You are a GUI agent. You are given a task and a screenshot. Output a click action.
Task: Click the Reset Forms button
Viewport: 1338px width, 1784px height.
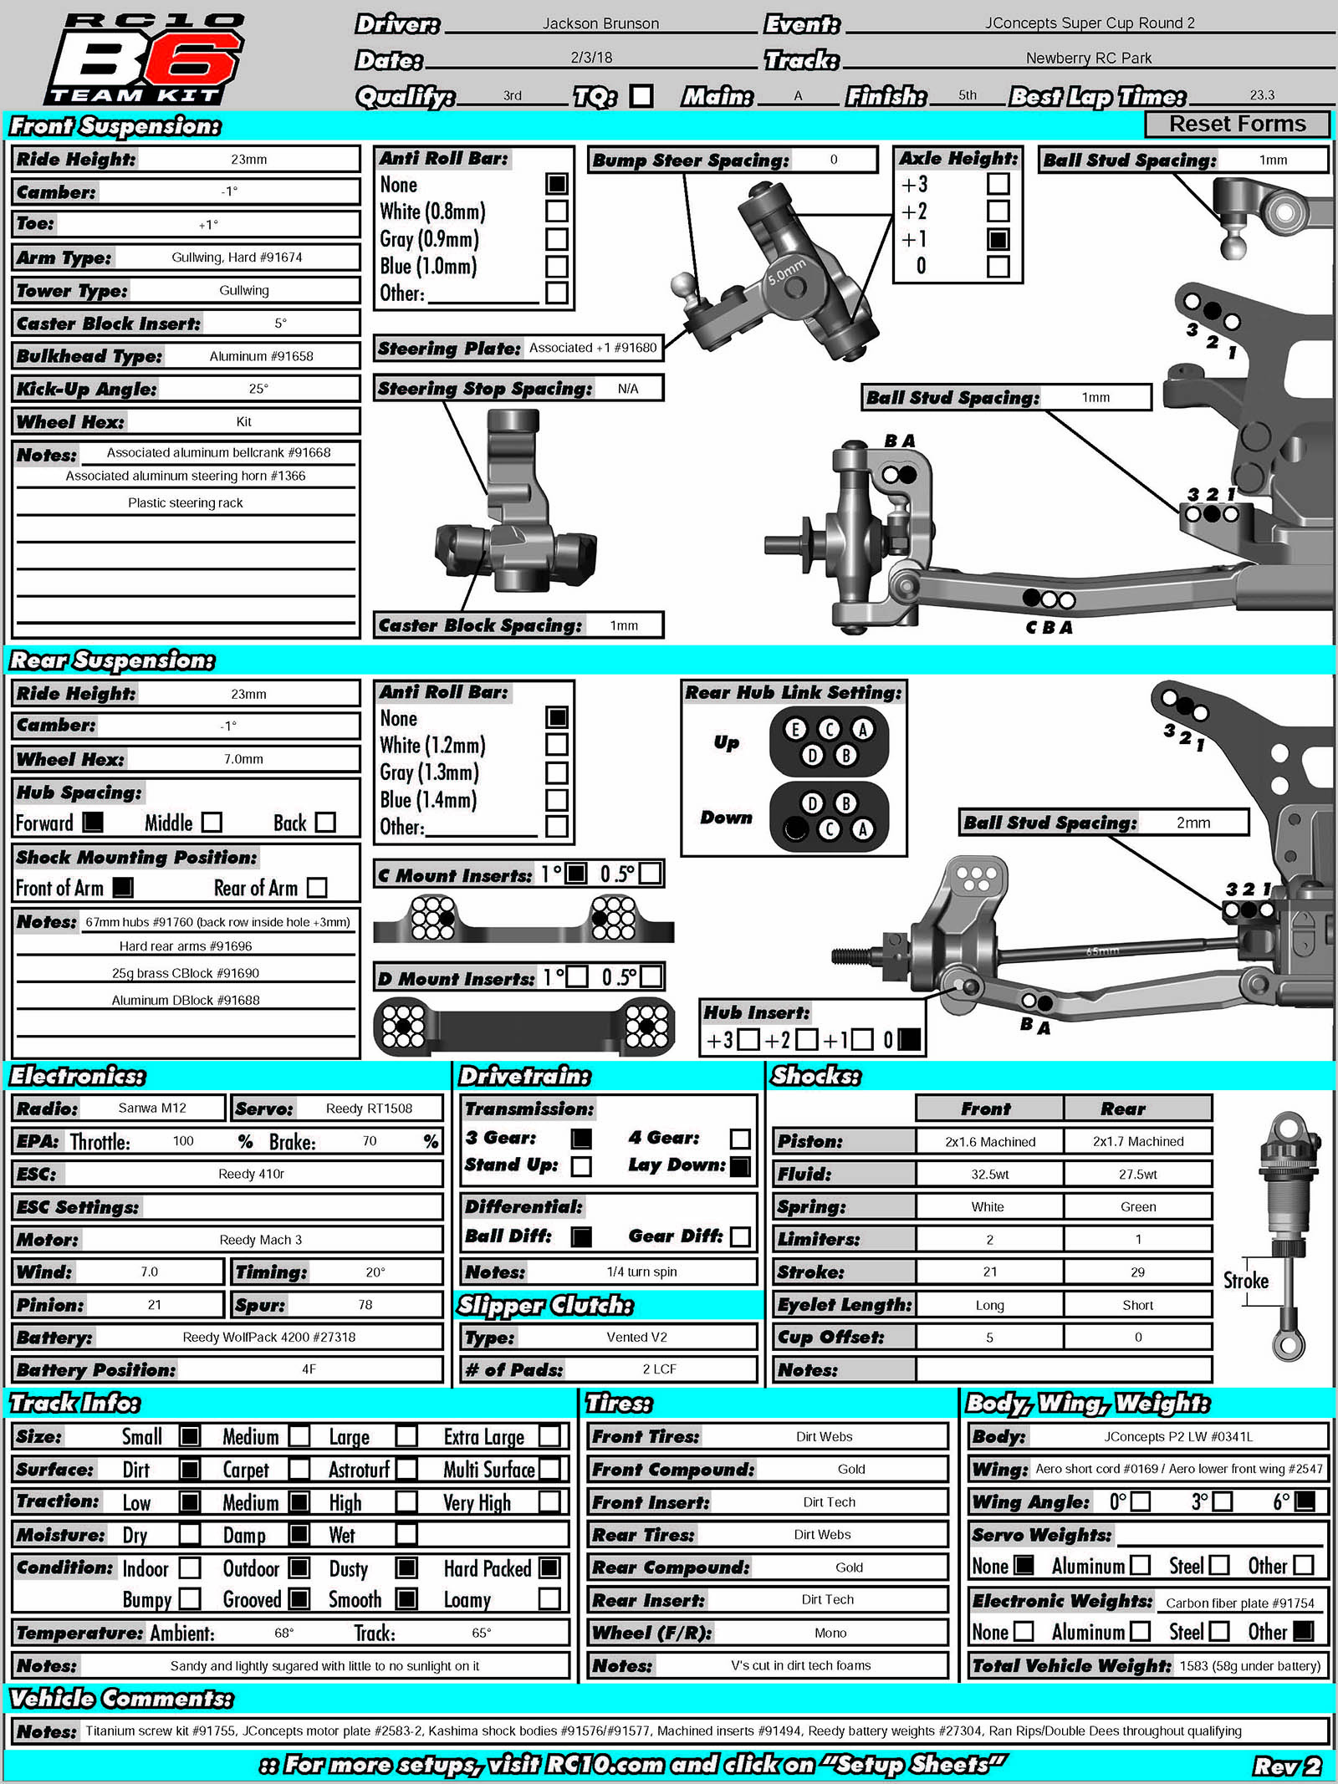(x=1237, y=124)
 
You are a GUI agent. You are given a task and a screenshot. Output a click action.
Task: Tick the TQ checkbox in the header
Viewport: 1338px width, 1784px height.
(x=641, y=96)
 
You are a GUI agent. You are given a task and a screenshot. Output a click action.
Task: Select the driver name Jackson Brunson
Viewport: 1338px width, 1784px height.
(x=600, y=23)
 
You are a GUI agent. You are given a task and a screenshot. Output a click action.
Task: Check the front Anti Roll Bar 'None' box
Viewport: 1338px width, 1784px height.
(x=557, y=183)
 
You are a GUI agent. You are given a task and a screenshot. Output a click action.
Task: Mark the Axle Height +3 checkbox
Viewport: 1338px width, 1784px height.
(x=998, y=183)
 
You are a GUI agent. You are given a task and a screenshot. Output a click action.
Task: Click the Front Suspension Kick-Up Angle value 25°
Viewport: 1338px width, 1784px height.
(x=258, y=389)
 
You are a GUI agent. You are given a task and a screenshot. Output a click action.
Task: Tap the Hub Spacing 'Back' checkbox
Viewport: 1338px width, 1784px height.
(x=325, y=823)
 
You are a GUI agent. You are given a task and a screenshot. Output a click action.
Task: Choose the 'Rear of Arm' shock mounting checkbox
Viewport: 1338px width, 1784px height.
(x=317, y=887)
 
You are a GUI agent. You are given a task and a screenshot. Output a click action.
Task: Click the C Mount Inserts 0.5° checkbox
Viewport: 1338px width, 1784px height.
(x=650, y=874)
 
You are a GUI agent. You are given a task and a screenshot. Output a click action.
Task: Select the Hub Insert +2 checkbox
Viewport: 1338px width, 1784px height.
(x=806, y=1039)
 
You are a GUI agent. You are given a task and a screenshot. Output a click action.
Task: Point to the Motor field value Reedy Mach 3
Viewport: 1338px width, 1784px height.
(x=260, y=1240)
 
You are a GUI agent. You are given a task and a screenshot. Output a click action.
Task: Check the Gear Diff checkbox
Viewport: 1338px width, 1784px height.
(x=740, y=1236)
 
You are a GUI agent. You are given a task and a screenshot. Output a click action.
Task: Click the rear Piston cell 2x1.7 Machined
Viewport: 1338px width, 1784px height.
(x=1137, y=1141)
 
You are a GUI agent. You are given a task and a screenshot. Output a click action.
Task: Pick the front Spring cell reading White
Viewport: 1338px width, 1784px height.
(x=988, y=1206)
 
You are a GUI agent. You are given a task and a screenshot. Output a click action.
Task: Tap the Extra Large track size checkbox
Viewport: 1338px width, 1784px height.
(x=549, y=1436)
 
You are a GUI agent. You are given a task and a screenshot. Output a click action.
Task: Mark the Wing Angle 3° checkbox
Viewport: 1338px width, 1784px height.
(x=1223, y=1501)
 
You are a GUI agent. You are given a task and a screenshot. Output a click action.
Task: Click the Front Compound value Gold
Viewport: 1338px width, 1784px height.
(x=851, y=1469)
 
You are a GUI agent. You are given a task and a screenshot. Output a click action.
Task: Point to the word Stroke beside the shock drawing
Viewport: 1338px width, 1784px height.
(x=1246, y=1281)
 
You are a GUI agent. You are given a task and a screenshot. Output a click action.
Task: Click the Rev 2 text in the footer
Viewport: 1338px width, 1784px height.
(x=1286, y=1765)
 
